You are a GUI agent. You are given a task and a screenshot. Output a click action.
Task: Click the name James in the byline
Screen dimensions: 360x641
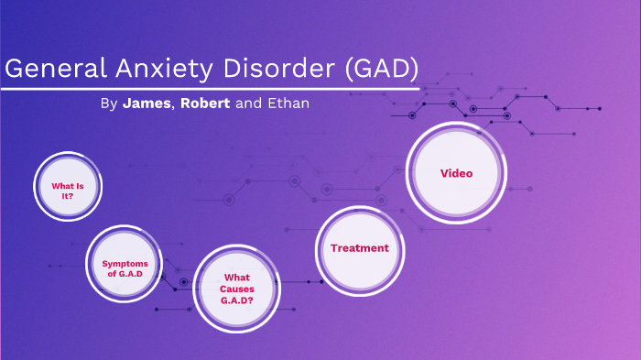[146, 104]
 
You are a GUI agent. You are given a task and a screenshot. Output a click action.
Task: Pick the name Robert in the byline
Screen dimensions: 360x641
[205, 104]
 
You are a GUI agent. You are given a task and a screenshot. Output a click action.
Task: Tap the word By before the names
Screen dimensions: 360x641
[108, 104]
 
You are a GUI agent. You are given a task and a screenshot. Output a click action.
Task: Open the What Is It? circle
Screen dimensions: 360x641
[68, 188]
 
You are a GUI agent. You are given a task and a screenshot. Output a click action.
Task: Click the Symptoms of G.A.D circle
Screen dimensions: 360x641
[124, 267]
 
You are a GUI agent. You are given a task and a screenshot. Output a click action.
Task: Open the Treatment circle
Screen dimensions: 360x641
[359, 247]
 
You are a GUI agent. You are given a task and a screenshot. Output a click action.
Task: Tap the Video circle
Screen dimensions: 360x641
[456, 172]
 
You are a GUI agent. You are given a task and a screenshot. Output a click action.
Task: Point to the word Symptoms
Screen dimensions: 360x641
[124, 263]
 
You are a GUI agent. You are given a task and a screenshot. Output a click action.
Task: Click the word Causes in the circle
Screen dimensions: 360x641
[236, 288]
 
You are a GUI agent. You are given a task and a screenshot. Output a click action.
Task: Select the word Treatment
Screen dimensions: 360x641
[359, 247]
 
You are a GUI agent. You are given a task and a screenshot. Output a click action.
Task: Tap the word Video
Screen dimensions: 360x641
[456, 172]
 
